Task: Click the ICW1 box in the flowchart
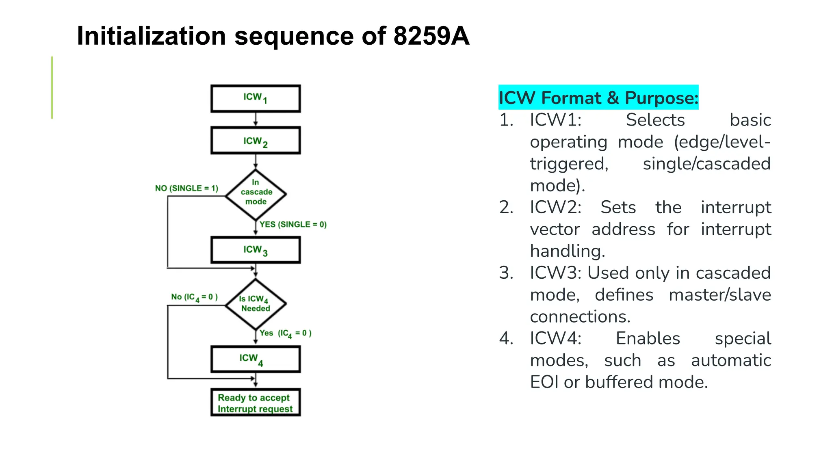click(256, 98)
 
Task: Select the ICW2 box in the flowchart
click(256, 141)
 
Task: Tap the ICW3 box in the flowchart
click(256, 250)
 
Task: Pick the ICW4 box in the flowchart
click(256, 359)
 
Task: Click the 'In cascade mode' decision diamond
click(256, 194)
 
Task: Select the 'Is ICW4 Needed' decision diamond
click(256, 303)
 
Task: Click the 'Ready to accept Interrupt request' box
click(256, 403)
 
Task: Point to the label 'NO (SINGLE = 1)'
click(186, 188)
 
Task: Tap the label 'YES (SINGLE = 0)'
click(293, 224)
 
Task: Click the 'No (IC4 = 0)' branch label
click(194, 297)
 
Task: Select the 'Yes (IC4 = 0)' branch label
click(286, 333)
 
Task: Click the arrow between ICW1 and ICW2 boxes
click(256, 119)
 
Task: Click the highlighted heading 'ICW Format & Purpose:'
click(598, 97)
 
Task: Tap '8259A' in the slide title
click(431, 36)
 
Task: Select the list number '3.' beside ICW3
click(506, 273)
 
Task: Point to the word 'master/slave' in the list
click(719, 295)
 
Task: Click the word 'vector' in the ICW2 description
click(555, 229)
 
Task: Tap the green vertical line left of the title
click(52, 87)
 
